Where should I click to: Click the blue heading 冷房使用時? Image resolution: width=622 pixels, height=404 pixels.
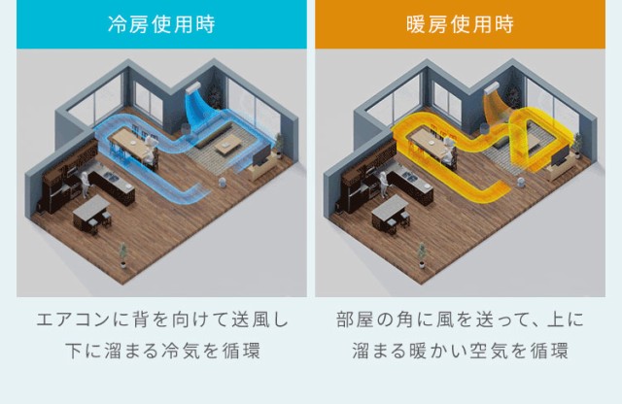tap(161, 23)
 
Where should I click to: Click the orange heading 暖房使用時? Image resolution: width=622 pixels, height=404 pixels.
tap(460, 23)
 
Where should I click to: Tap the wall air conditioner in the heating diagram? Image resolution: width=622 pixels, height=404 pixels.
tap(493, 88)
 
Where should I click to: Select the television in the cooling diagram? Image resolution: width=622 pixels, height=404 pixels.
tap(261, 154)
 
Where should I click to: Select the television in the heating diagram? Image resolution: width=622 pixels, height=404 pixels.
tap(560, 155)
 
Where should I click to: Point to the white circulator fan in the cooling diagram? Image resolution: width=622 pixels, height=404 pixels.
tap(223, 183)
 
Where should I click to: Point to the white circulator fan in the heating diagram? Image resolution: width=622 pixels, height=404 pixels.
tap(521, 183)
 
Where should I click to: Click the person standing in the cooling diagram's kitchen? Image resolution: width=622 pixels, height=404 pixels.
tap(85, 185)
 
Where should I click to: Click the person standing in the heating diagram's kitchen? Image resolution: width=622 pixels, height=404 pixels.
tap(383, 185)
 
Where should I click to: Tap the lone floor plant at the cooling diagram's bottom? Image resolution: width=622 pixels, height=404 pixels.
tap(123, 255)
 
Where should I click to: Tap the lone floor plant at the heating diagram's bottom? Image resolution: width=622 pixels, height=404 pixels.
tap(422, 255)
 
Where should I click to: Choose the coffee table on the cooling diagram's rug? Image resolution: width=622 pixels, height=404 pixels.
tap(227, 148)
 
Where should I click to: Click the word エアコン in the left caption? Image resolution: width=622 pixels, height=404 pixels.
tap(74, 320)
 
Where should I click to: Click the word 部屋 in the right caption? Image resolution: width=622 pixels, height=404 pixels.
tap(355, 320)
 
